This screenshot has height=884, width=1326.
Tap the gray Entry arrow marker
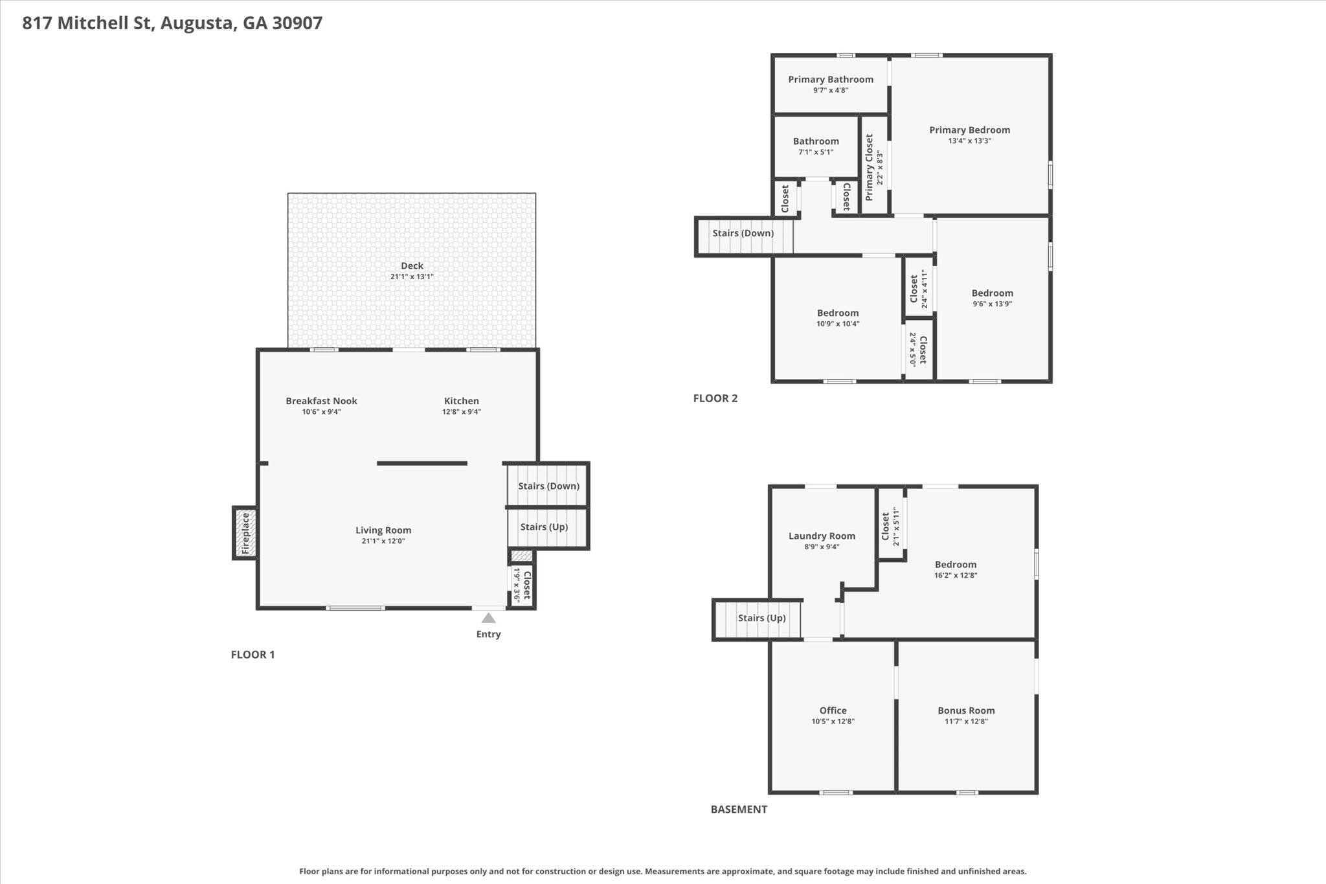pos(488,618)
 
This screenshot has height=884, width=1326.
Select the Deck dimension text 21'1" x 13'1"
pos(412,277)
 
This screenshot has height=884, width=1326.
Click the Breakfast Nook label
pos(321,401)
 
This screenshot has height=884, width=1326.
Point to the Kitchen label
pos(461,401)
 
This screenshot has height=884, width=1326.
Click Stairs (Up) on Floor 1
pos(544,527)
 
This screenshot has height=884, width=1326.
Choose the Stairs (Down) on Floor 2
pos(743,233)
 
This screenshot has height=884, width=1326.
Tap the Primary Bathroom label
pos(830,80)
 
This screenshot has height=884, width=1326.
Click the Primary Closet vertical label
pos(870,166)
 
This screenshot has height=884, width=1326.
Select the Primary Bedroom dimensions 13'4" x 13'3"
pos(969,141)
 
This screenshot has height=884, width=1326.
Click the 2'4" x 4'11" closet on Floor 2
pos(918,289)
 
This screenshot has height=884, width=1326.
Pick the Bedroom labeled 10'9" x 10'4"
pos(837,313)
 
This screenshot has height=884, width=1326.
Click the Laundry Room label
pos(822,536)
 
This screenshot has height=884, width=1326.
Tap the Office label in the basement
pos(833,710)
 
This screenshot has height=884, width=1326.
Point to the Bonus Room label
pos(966,710)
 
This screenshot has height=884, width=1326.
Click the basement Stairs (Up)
pos(761,618)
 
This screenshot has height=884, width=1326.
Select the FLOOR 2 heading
pos(715,398)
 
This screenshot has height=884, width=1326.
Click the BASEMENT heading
pos(739,809)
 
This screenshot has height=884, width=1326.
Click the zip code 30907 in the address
pos(297,23)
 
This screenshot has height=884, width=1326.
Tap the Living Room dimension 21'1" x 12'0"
pos(383,541)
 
